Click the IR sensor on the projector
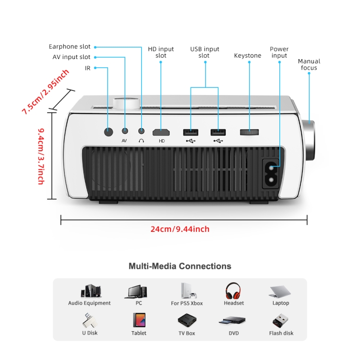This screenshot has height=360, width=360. pyautogui.click(x=108, y=131)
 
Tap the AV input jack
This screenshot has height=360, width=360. pyautogui.click(x=125, y=131)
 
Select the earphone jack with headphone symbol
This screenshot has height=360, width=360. pyautogui.click(x=142, y=131)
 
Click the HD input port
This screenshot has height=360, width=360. pyautogui.click(x=161, y=132)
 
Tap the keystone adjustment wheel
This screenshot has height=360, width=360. pyautogui.click(x=249, y=131)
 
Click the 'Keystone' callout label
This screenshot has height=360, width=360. pyautogui.click(x=248, y=56)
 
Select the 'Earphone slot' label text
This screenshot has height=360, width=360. pyautogui.click(x=70, y=47)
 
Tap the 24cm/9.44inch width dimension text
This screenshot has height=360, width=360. pyautogui.click(x=180, y=229)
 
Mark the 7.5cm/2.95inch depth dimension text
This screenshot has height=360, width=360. pyautogui.click(x=46, y=91)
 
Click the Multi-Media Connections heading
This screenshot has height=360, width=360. pyautogui.click(x=180, y=266)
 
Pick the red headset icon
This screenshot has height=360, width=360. pyautogui.click(x=233, y=290)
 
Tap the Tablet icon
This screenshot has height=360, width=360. pyautogui.click(x=139, y=320)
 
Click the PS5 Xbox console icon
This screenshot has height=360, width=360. pyautogui.click(x=186, y=290)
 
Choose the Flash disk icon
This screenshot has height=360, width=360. pyautogui.click(x=281, y=320)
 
